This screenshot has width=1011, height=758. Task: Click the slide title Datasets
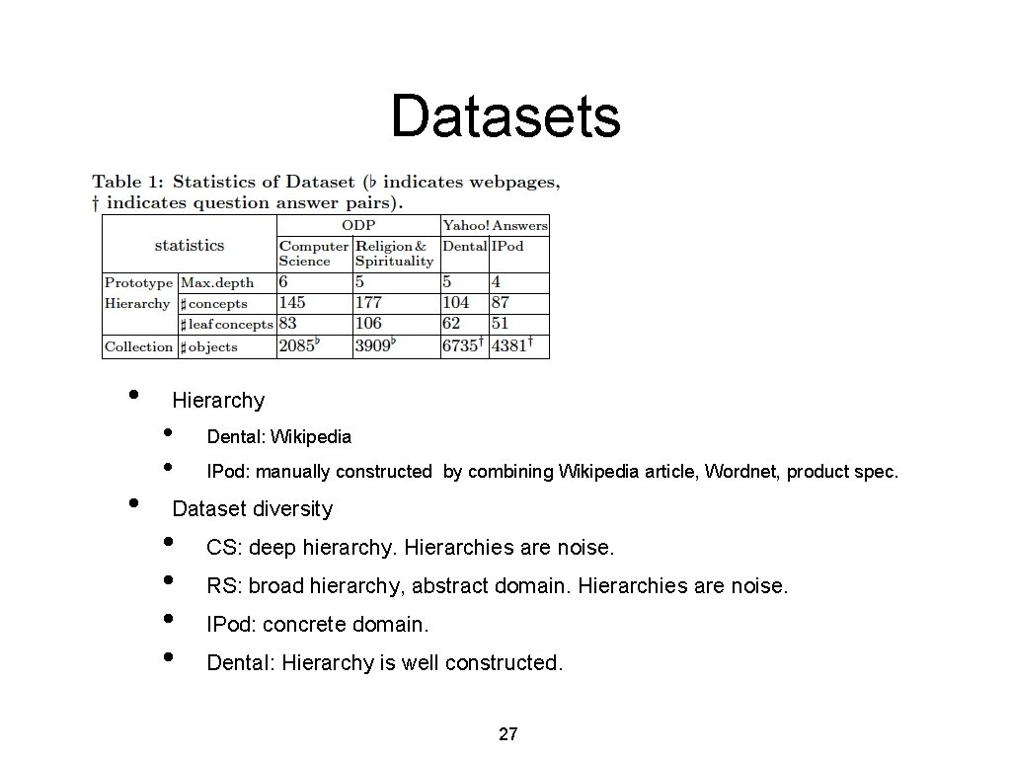click(505, 116)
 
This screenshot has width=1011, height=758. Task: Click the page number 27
click(508, 733)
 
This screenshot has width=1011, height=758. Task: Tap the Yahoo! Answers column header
click(495, 225)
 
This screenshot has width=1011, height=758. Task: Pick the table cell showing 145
click(292, 303)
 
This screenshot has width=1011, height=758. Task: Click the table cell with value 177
click(368, 303)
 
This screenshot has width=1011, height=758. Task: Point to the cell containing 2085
click(298, 346)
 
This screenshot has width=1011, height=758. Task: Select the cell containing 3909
click(375, 346)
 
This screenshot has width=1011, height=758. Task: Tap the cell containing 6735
click(462, 346)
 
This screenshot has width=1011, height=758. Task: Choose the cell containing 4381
click(511, 346)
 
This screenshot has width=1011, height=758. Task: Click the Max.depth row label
click(217, 282)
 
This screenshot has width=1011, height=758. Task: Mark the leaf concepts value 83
click(288, 324)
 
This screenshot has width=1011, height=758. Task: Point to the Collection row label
click(138, 346)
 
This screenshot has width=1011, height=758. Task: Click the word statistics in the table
click(190, 245)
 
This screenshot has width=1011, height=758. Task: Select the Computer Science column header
click(313, 253)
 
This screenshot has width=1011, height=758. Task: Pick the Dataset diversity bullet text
click(253, 509)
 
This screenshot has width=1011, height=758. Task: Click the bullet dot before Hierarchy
click(133, 395)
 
